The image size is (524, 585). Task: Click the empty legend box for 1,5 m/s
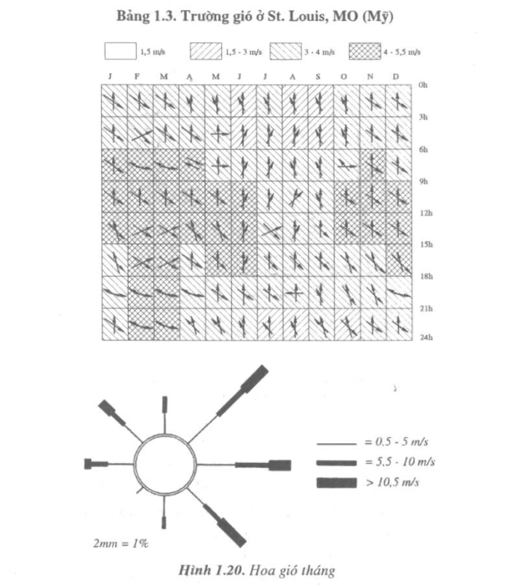coord(120,51)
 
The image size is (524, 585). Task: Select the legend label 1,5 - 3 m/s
coord(243,52)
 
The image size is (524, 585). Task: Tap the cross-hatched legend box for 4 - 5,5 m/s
coord(365,52)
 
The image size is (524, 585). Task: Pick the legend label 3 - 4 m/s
coord(319,52)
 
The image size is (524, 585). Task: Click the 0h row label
coord(423,84)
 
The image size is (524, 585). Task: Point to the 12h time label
coord(426,213)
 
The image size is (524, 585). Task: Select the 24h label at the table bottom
coord(426,337)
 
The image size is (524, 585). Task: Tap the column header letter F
coord(137,76)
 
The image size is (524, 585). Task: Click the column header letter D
coord(396,76)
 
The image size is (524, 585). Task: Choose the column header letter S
coord(318,76)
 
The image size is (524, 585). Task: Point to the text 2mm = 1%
coord(121,544)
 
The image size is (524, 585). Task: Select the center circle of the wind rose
coord(165,463)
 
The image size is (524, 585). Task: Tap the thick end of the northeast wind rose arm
coord(255,378)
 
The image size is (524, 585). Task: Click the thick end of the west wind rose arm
coord(88,463)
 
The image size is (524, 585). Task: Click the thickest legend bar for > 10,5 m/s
coord(337,482)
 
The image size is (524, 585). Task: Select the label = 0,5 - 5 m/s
coord(396,442)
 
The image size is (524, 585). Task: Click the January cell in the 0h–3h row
coord(114,100)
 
